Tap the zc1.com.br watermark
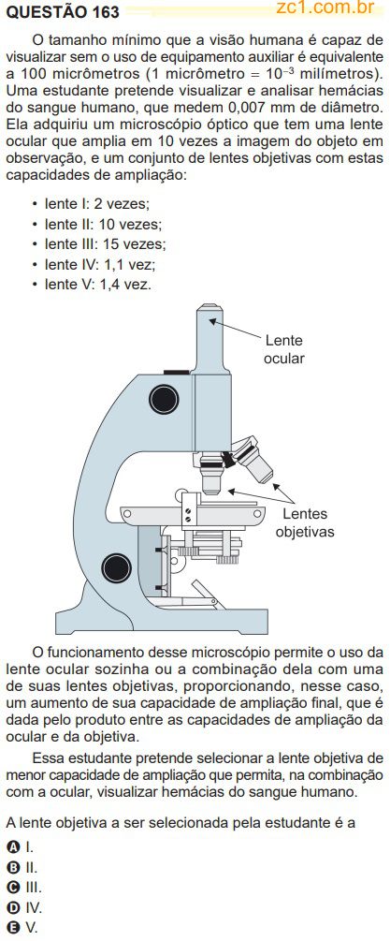(325, 7)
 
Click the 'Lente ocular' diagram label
(284, 349)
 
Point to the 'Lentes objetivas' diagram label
(305, 522)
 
